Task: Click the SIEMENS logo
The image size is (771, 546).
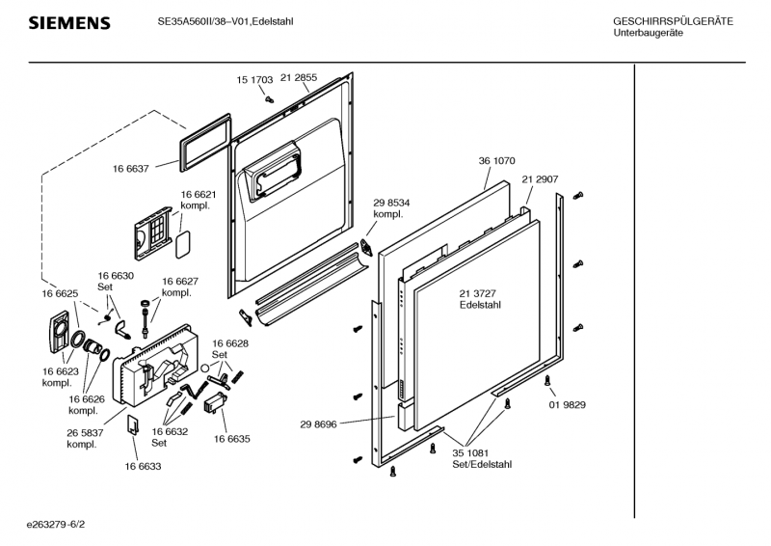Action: tap(68, 23)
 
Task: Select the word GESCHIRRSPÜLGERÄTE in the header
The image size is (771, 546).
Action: tap(673, 21)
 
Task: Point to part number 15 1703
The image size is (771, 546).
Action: tap(254, 79)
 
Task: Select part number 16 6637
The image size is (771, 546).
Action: tap(130, 169)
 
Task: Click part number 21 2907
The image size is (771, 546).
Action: tap(541, 179)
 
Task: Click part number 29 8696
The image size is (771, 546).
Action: tap(318, 423)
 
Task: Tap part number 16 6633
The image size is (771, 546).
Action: tap(143, 466)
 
